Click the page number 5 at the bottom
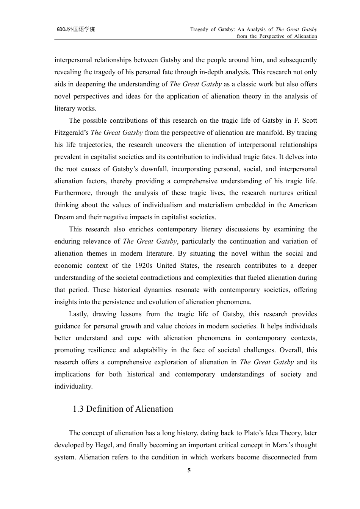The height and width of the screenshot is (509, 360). pos(189,470)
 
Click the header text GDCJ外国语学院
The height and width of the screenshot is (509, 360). pos(76,29)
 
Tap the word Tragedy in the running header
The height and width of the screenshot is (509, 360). pos(199,29)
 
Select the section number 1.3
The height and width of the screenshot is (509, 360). pos(78,409)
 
